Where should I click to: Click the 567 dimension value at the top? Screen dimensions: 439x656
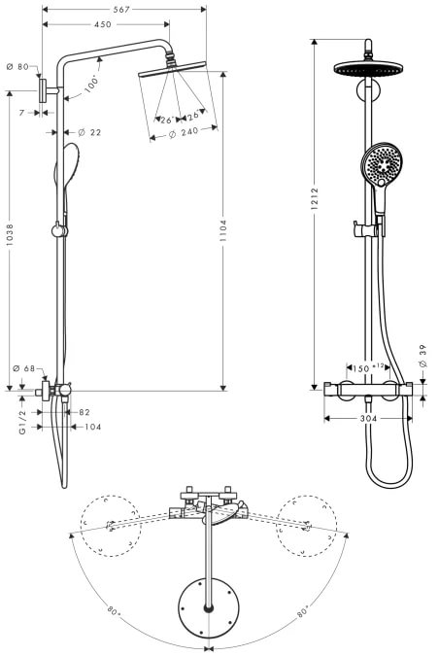[121, 9]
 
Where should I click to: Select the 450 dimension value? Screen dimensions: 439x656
[102, 24]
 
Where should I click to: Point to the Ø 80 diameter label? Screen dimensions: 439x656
[18, 67]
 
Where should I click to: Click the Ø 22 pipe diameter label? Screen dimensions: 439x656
[89, 132]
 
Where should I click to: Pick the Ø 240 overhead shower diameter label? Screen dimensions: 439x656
[184, 133]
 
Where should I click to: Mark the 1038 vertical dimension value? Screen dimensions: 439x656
[10, 235]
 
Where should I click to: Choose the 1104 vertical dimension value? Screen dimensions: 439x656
[222, 231]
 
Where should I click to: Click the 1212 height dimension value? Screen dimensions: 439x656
[315, 198]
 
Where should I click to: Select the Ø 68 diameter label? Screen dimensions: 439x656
[24, 368]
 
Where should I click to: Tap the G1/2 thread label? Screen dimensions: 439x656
[22, 422]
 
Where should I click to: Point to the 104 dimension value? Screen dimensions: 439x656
[93, 427]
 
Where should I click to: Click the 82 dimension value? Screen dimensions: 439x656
[84, 412]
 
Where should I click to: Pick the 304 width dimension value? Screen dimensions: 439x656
[368, 418]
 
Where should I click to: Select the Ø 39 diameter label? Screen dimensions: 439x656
[422, 356]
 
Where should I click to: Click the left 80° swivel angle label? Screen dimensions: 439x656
[114, 611]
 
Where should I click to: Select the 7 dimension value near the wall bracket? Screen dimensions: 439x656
[22, 113]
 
